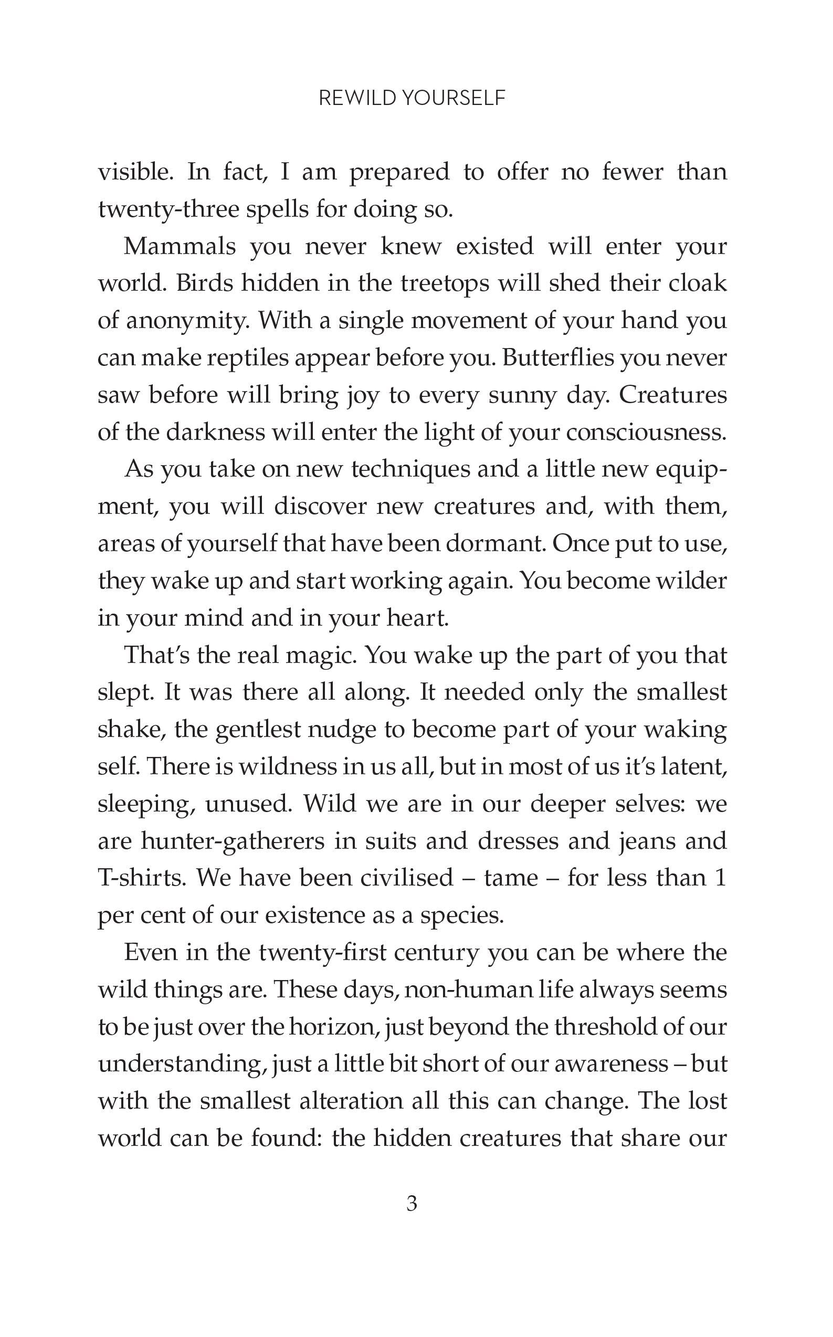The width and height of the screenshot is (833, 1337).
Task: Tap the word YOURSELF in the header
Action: [453, 98]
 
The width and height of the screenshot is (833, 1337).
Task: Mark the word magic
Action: [323, 656]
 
